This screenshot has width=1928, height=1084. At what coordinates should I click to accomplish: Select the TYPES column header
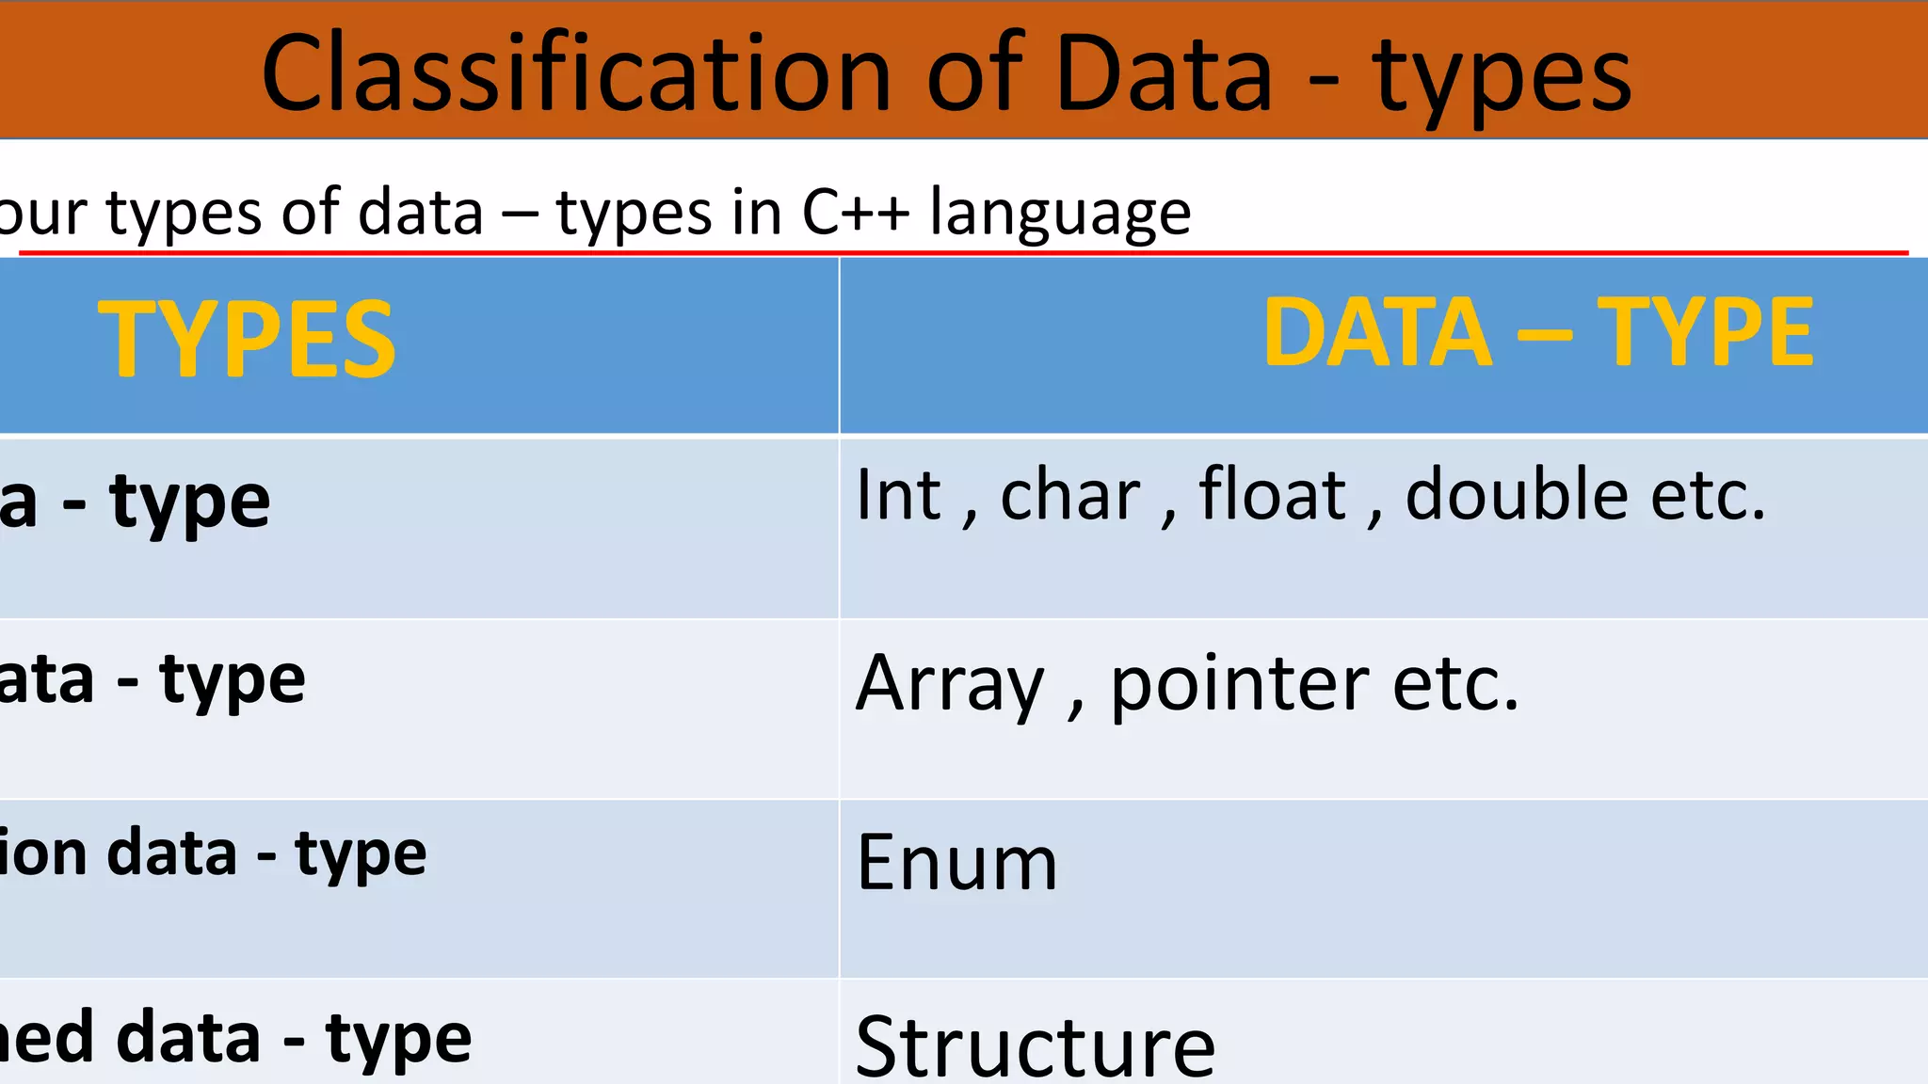[x=247, y=339]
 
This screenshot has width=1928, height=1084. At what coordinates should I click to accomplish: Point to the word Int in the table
[x=898, y=495]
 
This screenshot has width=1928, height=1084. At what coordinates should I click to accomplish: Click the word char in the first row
[x=1070, y=495]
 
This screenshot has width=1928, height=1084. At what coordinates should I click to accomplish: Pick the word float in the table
[x=1272, y=495]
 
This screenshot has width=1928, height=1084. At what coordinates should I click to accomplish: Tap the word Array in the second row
[x=950, y=685]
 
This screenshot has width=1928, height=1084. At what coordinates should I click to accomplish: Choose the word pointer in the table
[x=1240, y=685]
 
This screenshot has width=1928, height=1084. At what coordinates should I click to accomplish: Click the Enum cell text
[x=957, y=863]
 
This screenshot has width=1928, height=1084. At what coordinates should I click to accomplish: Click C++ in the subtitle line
[x=856, y=213]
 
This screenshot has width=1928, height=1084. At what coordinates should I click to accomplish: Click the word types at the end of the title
[x=1502, y=77]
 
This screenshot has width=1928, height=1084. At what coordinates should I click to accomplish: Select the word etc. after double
[x=1708, y=495]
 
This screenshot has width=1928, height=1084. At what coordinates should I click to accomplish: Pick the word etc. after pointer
[x=1455, y=685]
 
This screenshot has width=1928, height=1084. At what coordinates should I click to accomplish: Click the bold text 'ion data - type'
[x=213, y=854]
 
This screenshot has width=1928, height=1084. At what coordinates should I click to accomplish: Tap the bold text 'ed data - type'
[x=235, y=1039]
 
